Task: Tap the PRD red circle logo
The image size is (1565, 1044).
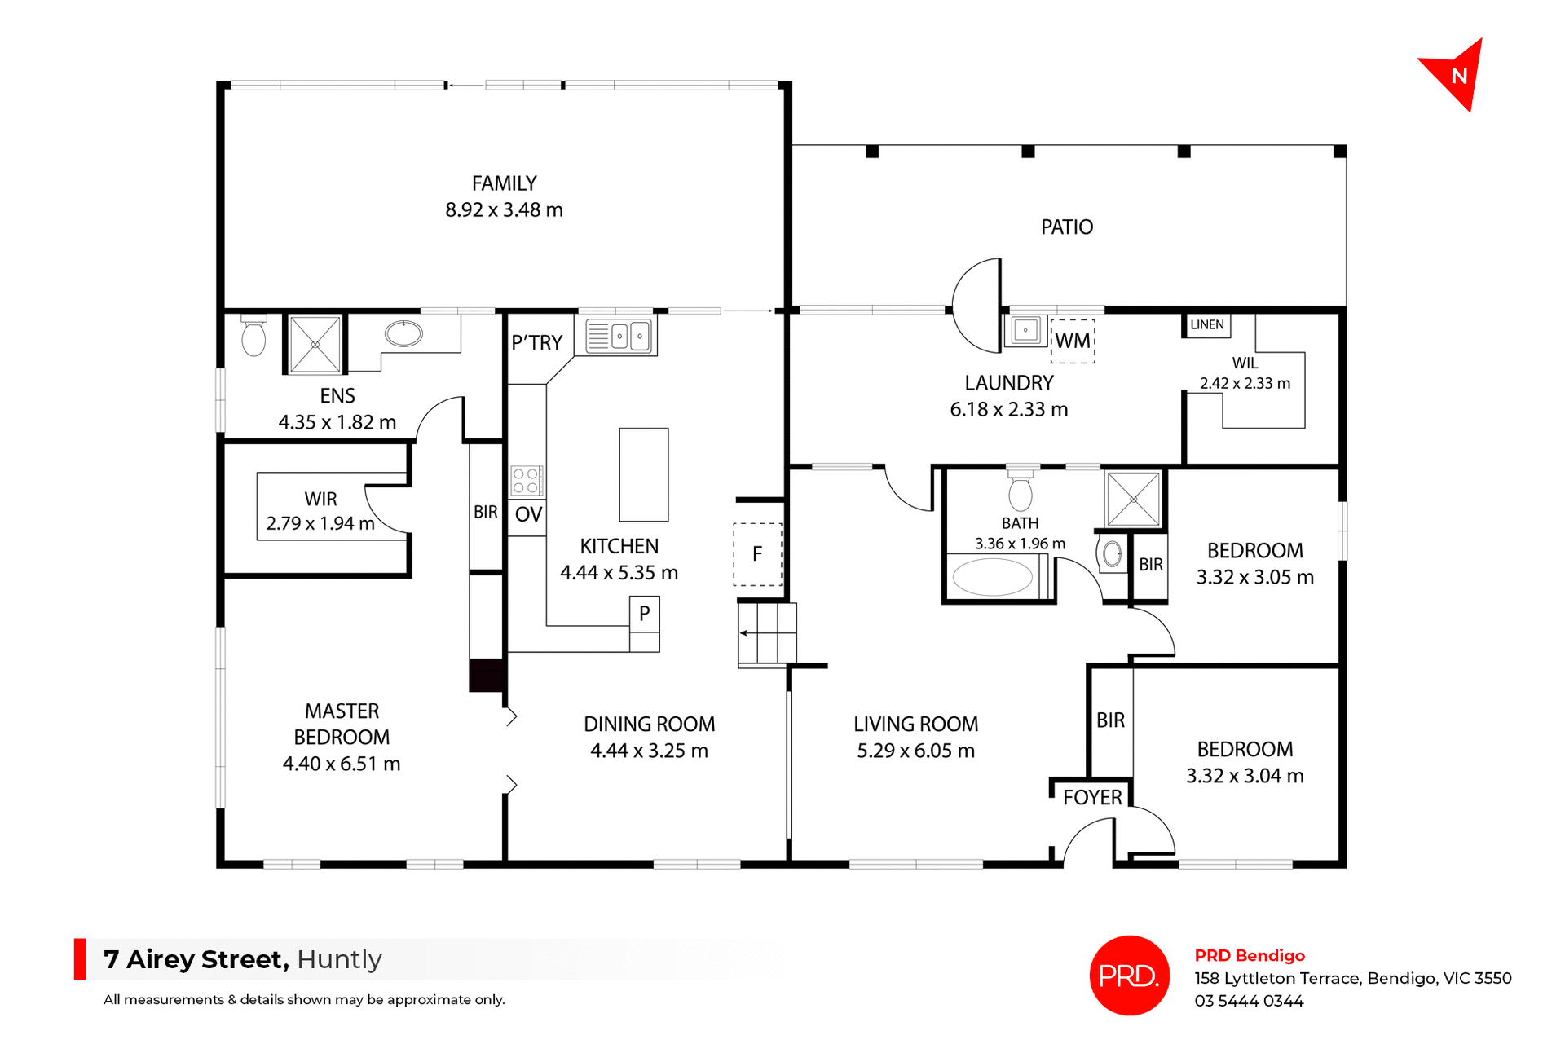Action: tap(1129, 975)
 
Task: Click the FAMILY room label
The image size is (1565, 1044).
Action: tap(504, 183)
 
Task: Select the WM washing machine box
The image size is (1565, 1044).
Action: tap(1073, 341)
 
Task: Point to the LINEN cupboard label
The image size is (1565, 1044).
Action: tap(1206, 324)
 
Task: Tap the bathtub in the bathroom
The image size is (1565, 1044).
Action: tap(992, 577)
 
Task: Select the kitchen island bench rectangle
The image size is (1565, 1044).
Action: tap(643, 474)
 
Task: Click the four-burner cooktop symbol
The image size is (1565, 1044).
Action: tap(526, 481)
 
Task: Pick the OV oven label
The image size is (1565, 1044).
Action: tap(527, 514)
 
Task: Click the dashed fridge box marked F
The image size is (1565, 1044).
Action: tap(757, 554)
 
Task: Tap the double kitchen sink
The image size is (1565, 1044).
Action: tap(630, 335)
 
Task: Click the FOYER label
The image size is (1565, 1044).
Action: tap(1092, 797)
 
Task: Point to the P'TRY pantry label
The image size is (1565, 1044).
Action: tap(536, 343)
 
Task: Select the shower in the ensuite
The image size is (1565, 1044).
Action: tap(315, 345)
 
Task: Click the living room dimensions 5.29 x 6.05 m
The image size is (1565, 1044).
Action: tap(915, 751)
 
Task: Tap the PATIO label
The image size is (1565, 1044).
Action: tap(1066, 227)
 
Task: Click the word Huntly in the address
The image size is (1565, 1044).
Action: tap(339, 959)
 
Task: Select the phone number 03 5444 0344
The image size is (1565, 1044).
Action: tap(1249, 1001)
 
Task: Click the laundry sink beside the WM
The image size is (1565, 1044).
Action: tap(1025, 330)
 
